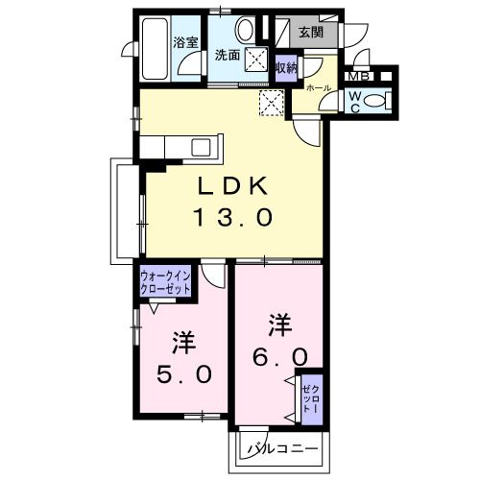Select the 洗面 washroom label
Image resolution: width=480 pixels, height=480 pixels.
pyautogui.click(x=228, y=55)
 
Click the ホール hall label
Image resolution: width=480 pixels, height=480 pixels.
pyautogui.click(x=319, y=87)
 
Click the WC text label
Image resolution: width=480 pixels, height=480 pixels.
pyautogui.click(x=353, y=100)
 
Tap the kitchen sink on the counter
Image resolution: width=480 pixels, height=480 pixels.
pyautogui.click(x=203, y=147)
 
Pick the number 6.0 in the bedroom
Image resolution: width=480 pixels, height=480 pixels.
pyautogui.click(x=280, y=356)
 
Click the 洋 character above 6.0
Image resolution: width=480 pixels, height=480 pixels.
pyautogui.click(x=279, y=324)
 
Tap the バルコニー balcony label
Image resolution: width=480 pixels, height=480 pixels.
pyautogui.click(x=281, y=447)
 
